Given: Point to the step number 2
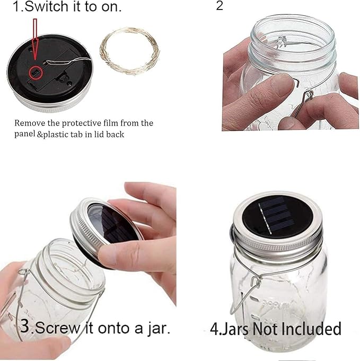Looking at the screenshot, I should (220, 6).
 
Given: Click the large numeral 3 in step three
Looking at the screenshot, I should (25, 325).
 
